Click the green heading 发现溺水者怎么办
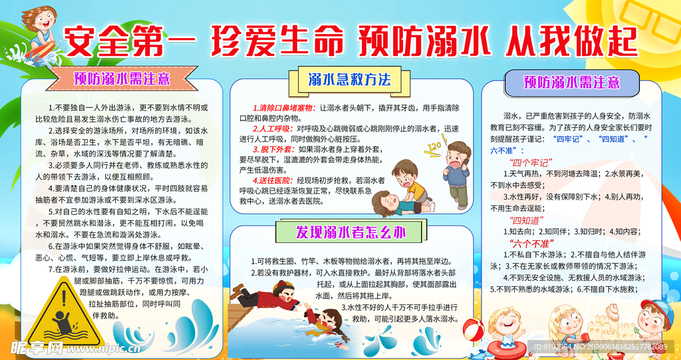coord(350,232)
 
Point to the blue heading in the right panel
coord(571,83)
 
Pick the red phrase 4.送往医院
coord(273,180)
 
